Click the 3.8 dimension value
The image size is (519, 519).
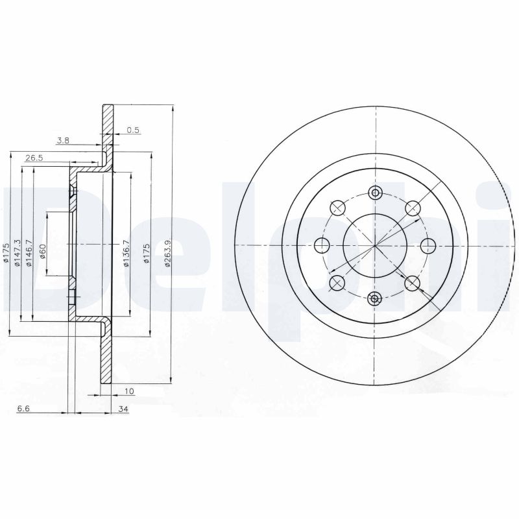[x=63, y=140]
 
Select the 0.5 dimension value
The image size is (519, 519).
[x=133, y=130]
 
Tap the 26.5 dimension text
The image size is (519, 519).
[x=34, y=158]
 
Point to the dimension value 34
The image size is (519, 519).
[x=123, y=409]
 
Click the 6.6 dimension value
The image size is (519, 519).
[x=23, y=409]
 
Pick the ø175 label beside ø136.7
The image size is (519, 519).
[x=147, y=252]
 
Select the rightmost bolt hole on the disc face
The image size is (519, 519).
[x=428, y=245]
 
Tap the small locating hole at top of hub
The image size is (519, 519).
[x=375, y=192]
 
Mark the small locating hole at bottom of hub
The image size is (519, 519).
[x=375, y=298]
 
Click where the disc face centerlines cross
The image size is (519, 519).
[x=375, y=245]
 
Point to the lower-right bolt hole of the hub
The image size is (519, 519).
[x=412, y=282]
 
